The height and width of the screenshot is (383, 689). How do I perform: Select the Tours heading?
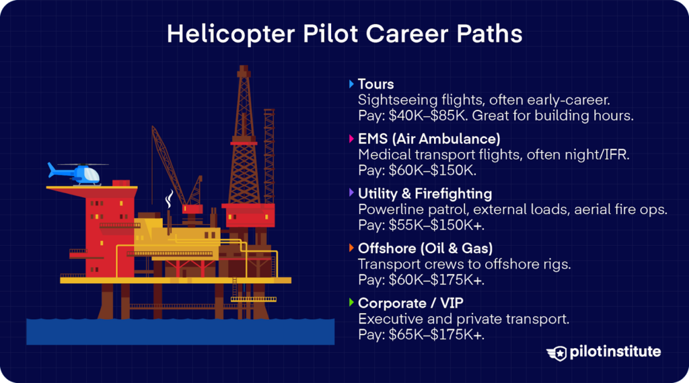pyautogui.click(x=375, y=85)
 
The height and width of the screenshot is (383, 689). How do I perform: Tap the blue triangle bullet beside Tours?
pyautogui.click(x=351, y=85)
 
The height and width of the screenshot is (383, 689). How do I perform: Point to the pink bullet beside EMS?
pyautogui.click(x=351, y=139)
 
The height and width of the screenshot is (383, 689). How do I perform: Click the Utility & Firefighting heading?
pyautogui.click(x=425, y=194)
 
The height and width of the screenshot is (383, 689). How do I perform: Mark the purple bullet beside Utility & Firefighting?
pyautogui.click(x=351, y=194)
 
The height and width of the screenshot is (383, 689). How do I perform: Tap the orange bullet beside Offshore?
pyautogui.click(x=351, y=248)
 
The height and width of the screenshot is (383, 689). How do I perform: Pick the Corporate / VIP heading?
pyautogui.click(x=411, y=303)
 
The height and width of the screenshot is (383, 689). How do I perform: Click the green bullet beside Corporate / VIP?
pyautogui.click(x=351, y=303)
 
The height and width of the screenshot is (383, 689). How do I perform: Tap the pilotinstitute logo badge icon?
pyautogui.click(x=558, y=353)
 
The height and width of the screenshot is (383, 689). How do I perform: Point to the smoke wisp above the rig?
pyautogui.click(x=170, y=199)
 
